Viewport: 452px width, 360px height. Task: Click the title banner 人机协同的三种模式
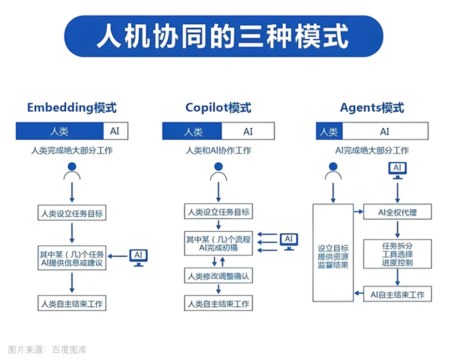[x=223, y=36]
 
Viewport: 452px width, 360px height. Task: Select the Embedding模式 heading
[x=72, y=108]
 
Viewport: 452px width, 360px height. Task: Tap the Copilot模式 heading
[x=218, y=108]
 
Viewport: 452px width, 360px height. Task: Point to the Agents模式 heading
[x=372, y=108]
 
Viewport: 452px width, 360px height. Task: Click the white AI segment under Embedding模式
[x=115, y=131]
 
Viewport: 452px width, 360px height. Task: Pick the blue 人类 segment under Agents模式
[x=329, y=131]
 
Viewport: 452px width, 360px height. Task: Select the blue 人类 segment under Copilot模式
[x=192, y=131]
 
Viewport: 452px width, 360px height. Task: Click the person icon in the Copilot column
[x=218, y=172]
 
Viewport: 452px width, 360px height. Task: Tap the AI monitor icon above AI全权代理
[x=397, y=171]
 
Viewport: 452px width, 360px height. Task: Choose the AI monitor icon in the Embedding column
[x=138, y=258]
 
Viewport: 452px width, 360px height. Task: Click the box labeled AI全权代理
[x=397, y=212]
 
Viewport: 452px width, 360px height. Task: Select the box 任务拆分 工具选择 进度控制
[x=397, y=254]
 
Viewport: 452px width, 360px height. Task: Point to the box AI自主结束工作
[x=397, y=294]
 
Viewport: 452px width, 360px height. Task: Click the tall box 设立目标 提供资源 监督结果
[x=333, y=253]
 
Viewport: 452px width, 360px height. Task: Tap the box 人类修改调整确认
[x=218, y=276]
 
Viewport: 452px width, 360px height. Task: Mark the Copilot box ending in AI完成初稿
[x=218, y=243]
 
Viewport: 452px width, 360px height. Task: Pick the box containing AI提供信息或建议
[x=72, y=258]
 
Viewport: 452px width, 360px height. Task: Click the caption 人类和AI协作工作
[x=218, y=151]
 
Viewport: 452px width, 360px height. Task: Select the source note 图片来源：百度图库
[x=48, y=350]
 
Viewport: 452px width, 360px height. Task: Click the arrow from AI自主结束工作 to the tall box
[x=359, y=293]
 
